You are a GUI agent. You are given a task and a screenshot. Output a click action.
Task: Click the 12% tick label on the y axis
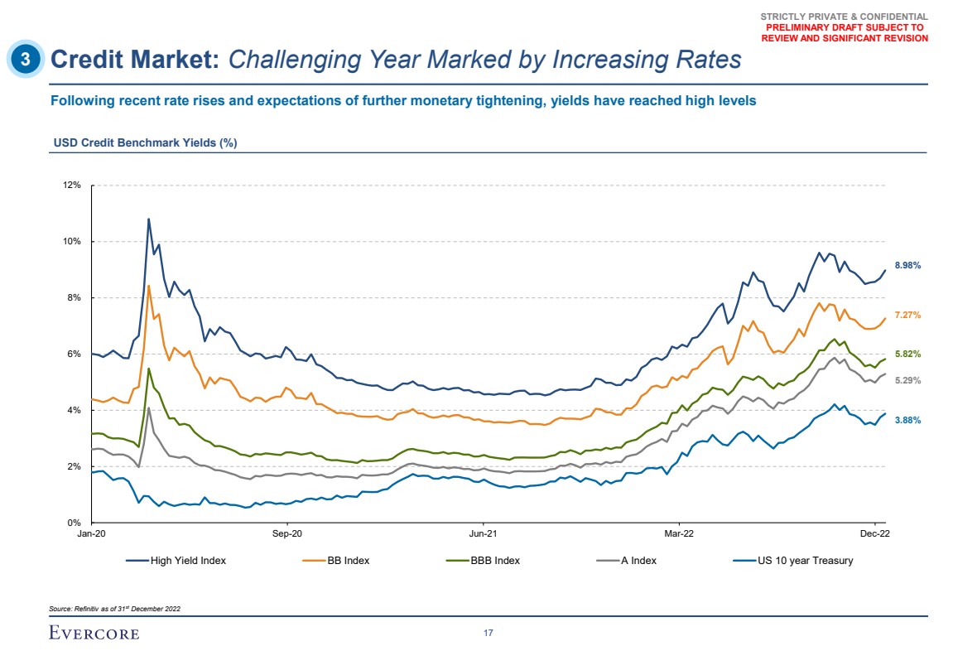(x=71, y=185)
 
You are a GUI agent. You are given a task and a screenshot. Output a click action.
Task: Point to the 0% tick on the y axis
(x=74, y=523)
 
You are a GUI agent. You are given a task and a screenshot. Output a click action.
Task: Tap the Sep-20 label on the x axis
(x=286, y=536)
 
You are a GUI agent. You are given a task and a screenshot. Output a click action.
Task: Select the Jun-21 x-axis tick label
(x=483, y=536)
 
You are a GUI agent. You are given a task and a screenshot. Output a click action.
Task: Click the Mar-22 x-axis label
(x=678, y=536)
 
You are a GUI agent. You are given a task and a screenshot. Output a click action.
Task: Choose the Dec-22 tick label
(x=874, y=536)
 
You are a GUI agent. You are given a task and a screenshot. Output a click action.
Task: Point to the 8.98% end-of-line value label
(x=908, y=265)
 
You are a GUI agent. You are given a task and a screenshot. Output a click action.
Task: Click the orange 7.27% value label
(x=908, y=315)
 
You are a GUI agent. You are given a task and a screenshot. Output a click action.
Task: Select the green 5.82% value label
(x=908, y=354)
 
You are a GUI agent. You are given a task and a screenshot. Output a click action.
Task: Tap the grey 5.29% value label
(x=908, y=380)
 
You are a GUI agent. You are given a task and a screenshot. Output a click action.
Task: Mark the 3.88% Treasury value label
(x=908, y=420)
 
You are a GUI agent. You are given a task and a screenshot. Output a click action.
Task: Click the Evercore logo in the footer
(x=94, y=634)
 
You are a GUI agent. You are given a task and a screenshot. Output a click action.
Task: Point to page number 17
(x=488, y=634)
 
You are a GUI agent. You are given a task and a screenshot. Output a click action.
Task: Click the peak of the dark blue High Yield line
(x=148, y=219)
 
